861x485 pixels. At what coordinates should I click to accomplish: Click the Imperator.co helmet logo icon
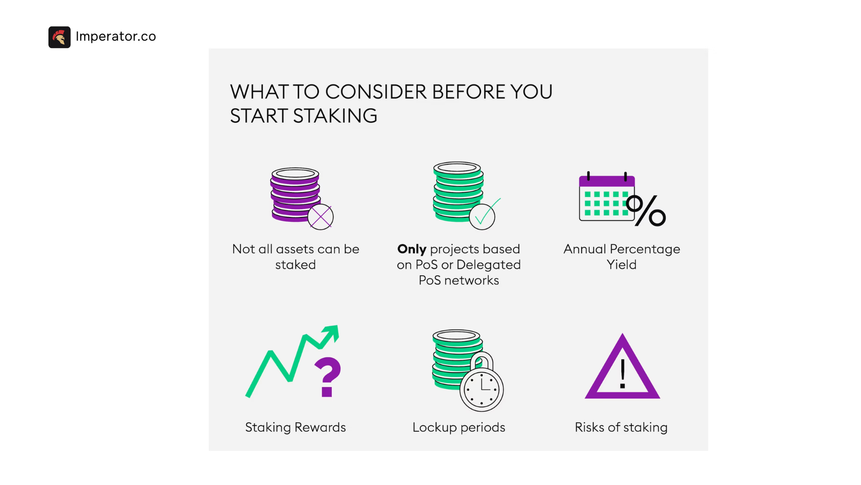[60, 37]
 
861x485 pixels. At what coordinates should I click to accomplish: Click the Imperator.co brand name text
[116, 36]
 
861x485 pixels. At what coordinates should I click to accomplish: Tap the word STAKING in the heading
[335, 116]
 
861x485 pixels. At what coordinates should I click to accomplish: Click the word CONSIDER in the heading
[376, 92]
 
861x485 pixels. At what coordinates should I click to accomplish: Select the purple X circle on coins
[321, 217]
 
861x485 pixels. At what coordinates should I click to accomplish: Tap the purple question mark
[328, 377]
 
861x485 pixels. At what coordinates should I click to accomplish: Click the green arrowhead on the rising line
[331, 334]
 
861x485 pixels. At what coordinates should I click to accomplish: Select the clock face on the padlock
[482, 389]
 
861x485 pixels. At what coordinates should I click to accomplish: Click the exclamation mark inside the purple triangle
[622, 374]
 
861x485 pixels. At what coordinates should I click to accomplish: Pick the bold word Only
[412, 249]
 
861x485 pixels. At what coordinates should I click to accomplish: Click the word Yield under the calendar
[622, 265]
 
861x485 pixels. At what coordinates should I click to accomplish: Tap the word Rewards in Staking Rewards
[320, 427]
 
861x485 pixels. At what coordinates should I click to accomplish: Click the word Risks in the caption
[590, 427]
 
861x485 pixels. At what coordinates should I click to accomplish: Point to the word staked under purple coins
[296, 265]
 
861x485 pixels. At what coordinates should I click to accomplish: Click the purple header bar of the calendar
[607, 181]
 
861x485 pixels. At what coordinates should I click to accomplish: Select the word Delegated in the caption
[488, 265]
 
